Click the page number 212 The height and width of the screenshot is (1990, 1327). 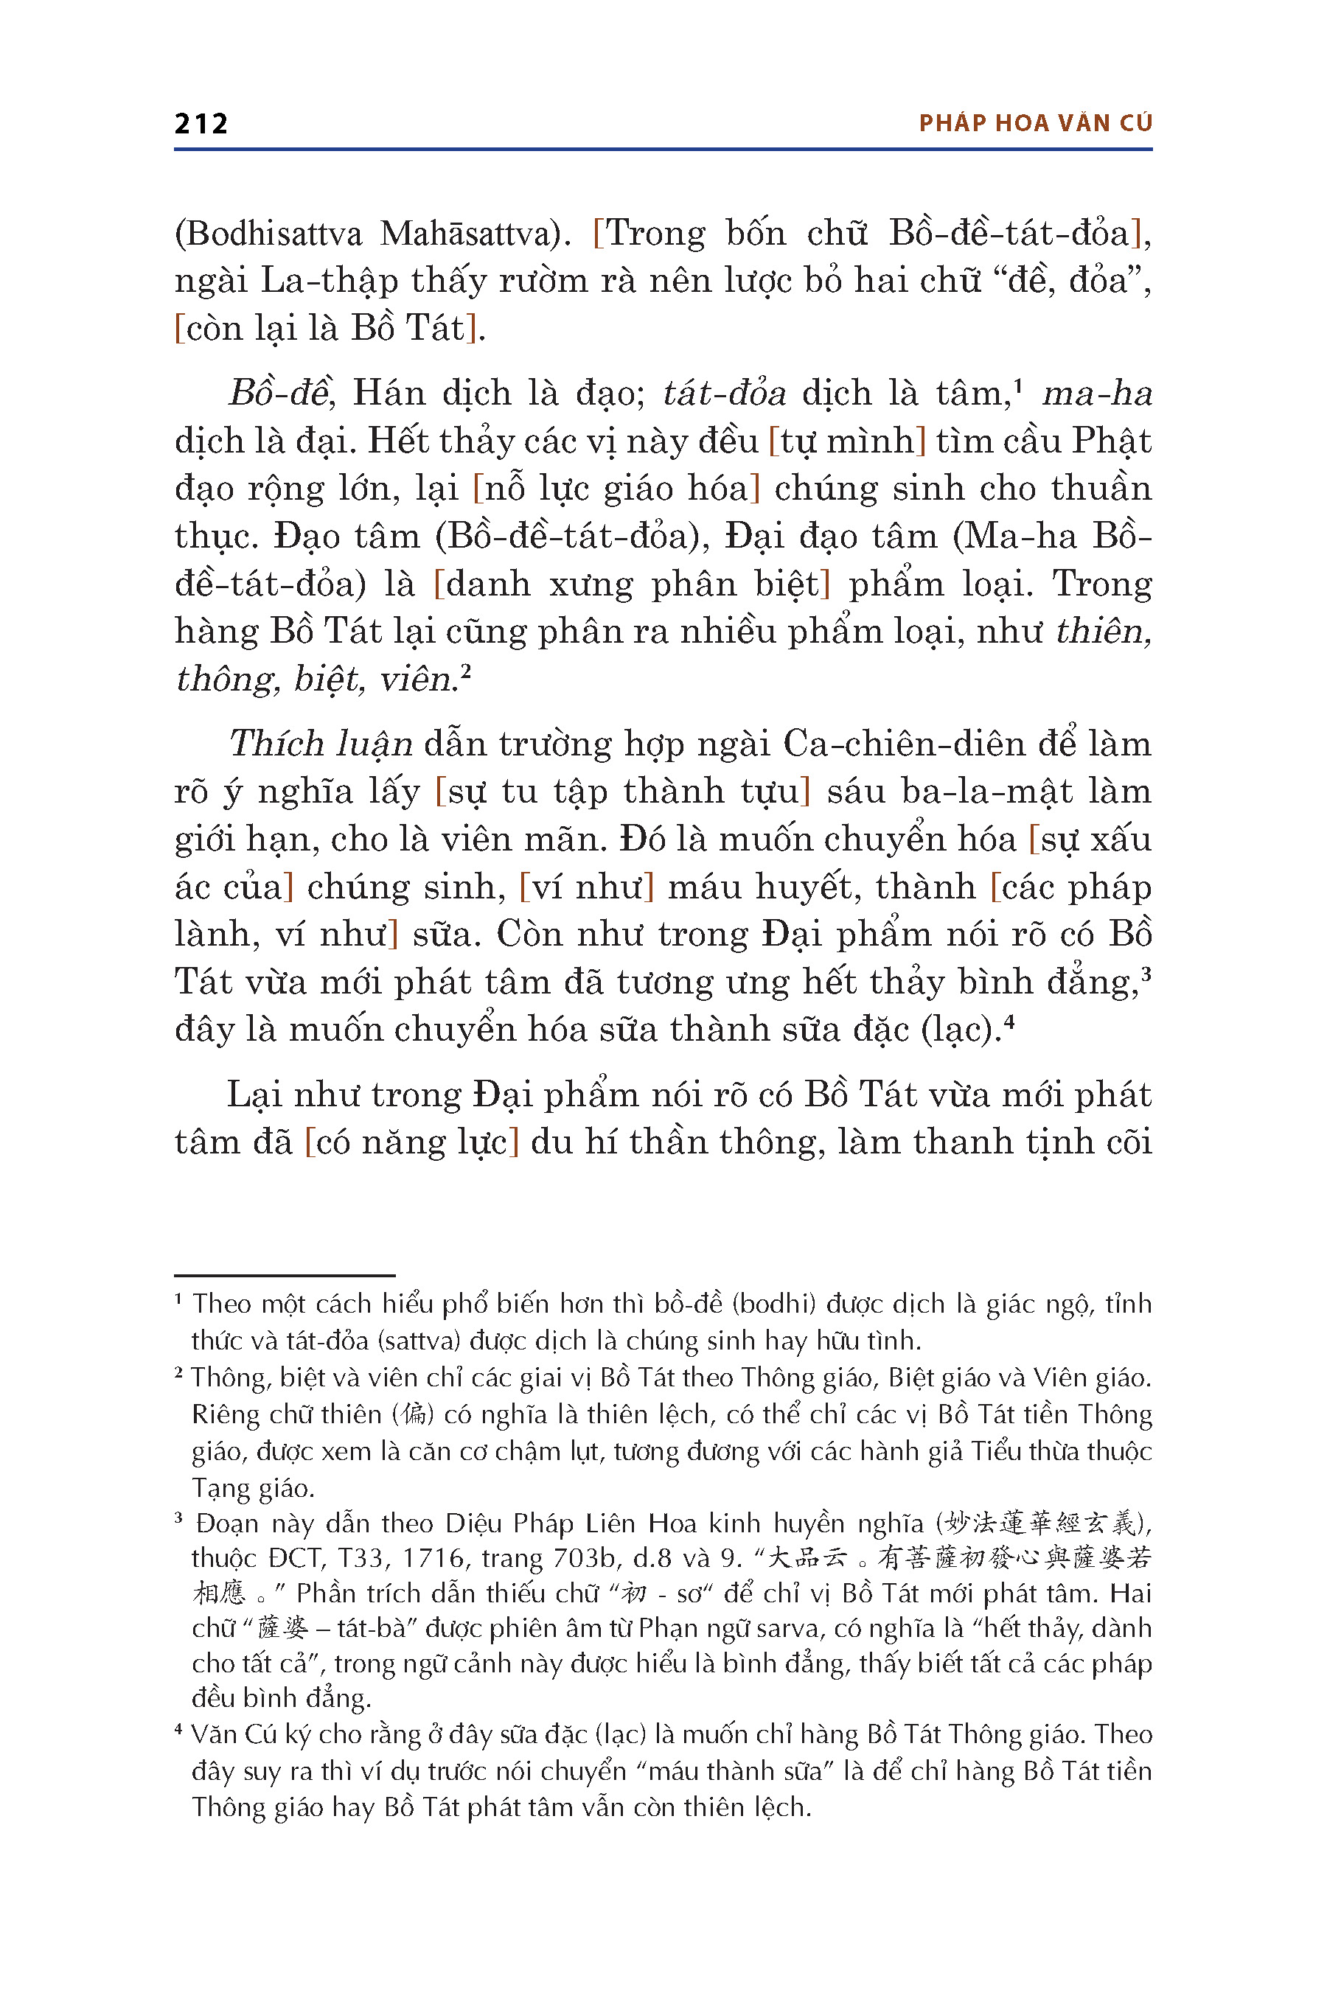(x=201, y=125)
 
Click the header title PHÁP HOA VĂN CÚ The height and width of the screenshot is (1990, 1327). (x=1035, y=124)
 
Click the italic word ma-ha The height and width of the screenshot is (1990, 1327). (x=1097, y=394)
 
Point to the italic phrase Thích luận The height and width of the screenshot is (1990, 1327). (x=321, y=744)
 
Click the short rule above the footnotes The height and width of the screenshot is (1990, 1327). (x=285, y=1275)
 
